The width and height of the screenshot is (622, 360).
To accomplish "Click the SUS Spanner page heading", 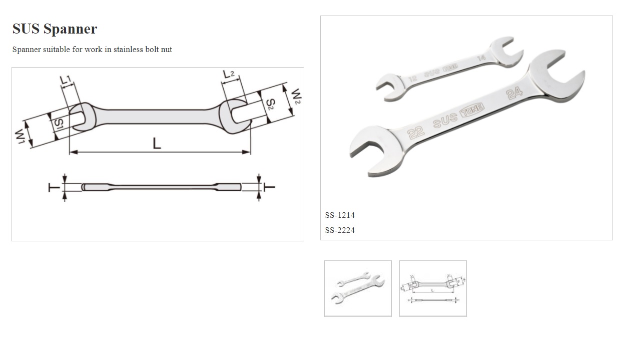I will (55, 29).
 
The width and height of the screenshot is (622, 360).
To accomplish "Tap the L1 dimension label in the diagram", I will (66, 80).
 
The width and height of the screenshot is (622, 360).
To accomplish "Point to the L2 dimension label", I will (229, 74).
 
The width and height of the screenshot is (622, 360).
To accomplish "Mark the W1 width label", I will (21, 136).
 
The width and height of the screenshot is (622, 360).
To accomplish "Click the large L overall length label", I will (157, 144).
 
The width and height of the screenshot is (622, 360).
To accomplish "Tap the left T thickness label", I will (52, 187).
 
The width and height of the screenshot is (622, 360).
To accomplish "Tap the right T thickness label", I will (270, 187).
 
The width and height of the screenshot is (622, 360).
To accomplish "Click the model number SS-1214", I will (340, 215).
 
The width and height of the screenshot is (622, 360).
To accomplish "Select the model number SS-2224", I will (340, 230).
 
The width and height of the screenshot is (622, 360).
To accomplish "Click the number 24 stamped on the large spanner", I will (514, 93).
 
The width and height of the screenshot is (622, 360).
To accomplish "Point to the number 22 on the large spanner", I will (416, 132).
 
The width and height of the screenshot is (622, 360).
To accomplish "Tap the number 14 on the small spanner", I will (481, 58).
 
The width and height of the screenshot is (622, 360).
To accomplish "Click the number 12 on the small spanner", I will (412, 79).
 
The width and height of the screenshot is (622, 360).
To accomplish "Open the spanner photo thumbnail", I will (358, 288).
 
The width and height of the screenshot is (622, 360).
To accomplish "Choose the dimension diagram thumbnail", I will (433, 288).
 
